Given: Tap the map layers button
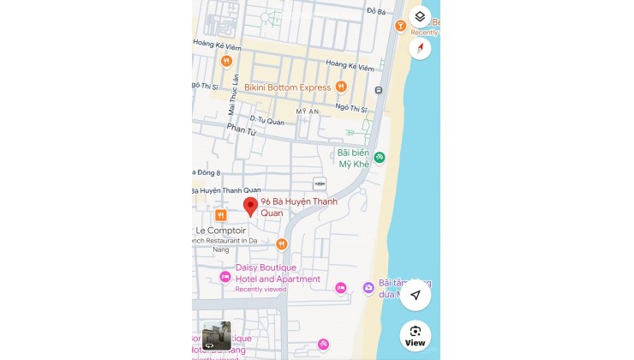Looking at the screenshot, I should (x=420, y=16).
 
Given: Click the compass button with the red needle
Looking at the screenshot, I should (x=420, y=48).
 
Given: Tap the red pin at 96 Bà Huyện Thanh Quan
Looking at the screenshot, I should (x=250, y=207).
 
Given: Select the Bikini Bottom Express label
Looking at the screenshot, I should (x=287, y=87).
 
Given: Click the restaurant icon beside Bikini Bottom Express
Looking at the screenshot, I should (x=341, y=87).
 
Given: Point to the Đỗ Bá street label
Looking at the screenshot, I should (x=376, y=10).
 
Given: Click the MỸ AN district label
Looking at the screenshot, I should (x=307, y=112).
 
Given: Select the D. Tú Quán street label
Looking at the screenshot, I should (x=266, y=121).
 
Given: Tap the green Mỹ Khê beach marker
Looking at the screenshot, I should (x=380, y=157).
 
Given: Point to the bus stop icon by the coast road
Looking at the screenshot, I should (x=378, y=89).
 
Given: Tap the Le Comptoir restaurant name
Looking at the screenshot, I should (x=221, y=231).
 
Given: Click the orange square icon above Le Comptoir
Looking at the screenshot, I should (x=221, y=215).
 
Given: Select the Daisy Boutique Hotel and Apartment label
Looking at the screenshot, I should (x=278, y=273).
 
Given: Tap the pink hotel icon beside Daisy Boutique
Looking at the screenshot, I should (x=225, y=276).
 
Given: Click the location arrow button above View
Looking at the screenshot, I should (x=416, y=295).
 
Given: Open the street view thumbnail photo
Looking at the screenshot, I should (x=216, y=336).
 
